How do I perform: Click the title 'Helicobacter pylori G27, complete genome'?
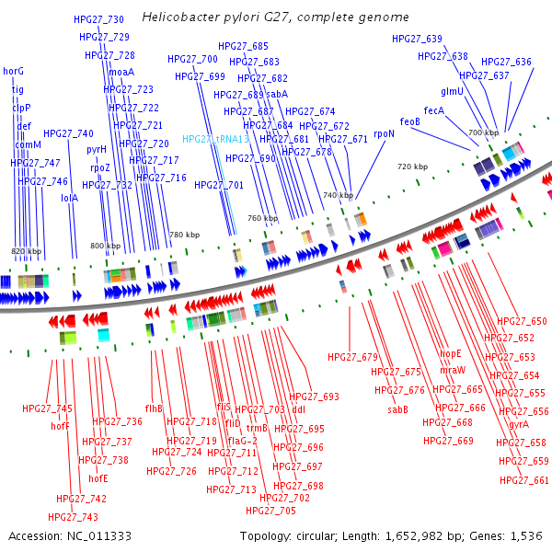click(x=275, y=17)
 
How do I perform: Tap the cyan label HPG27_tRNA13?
click(x=215, y=139)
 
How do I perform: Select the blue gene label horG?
click(x=14, y=71)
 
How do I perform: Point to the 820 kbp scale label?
click(x=26, y=251)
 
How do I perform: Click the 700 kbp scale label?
click(x=483, y=133)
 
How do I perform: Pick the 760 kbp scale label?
click(x=262, y=218)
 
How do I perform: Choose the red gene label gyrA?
click(x=519, y=424)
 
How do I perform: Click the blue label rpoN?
click(x=384, y=133)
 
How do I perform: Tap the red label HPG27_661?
click(x=524, y=480)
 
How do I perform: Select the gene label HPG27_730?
click(x=98, y=19)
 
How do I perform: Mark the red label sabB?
click(x=397, y=409)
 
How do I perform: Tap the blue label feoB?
click(x=409, y=121)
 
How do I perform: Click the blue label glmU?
click(x=452, y=91)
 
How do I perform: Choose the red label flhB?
click(x=154, y=408)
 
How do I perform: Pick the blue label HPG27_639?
click(x=417, y=39)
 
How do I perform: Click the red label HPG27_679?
click(x=352, y=356)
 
